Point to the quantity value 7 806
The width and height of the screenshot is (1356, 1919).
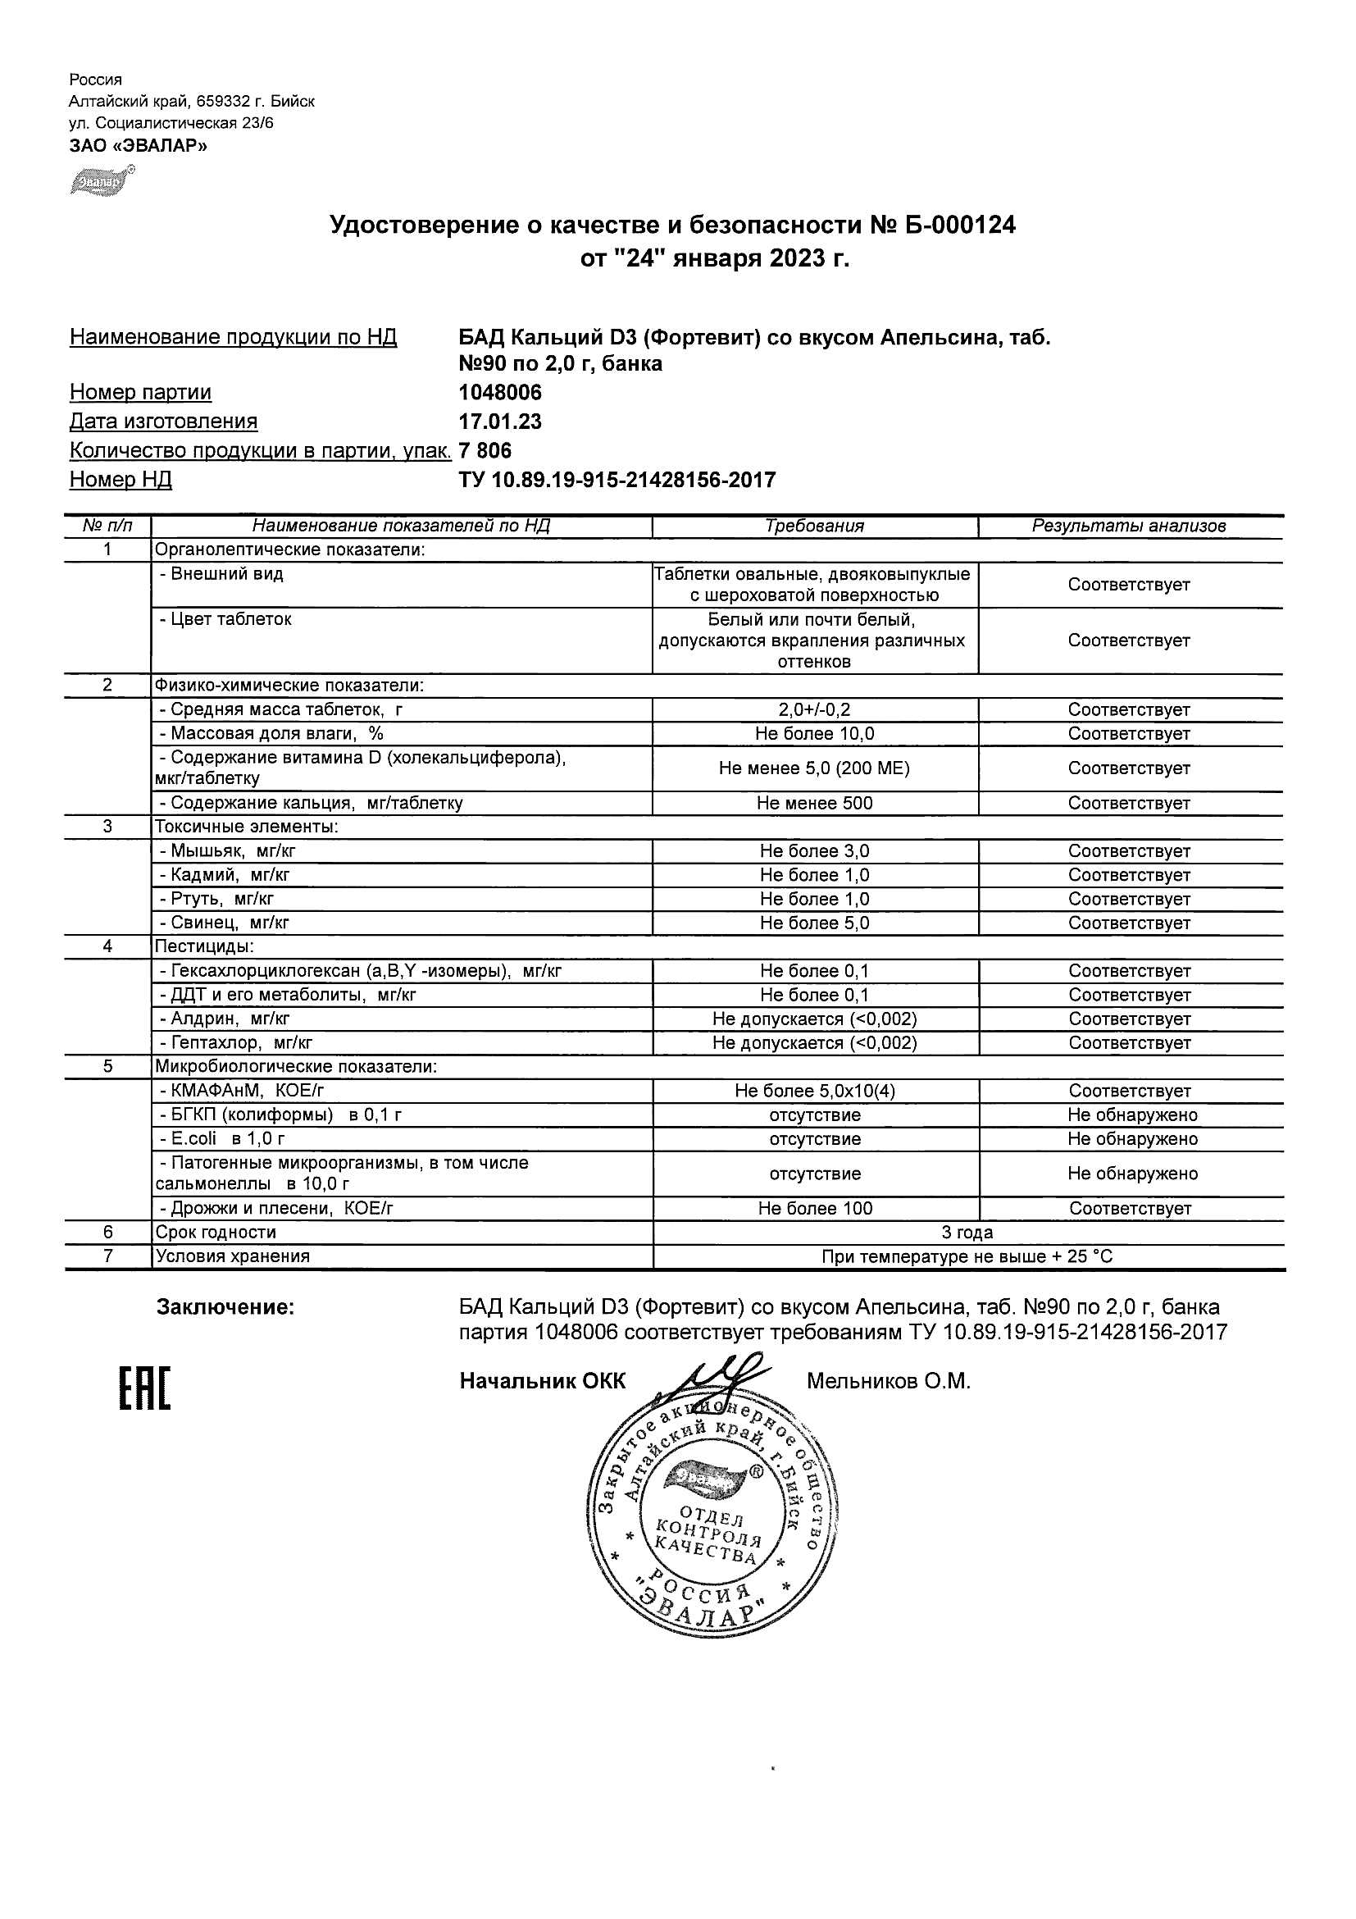click(485, 450)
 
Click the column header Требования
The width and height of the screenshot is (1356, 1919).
click(815, 526)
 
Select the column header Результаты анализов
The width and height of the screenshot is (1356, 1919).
click(1129, 526)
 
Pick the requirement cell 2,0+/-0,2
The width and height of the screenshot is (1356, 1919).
click(815, 709)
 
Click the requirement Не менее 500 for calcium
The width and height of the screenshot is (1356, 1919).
click(815, 803)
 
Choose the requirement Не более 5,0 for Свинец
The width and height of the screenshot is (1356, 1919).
click(815, 923)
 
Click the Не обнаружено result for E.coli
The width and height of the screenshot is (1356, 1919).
click(1132, 1138)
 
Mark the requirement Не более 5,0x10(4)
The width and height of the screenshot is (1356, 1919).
click(815, 1091)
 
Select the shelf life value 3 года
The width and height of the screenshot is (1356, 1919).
click(967, 1232)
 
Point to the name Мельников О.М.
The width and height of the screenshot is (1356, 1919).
click(888, 1382)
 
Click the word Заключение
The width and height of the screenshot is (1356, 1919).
click(225, 1307)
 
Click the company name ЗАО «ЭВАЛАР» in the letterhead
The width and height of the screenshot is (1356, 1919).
click(138, 145)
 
